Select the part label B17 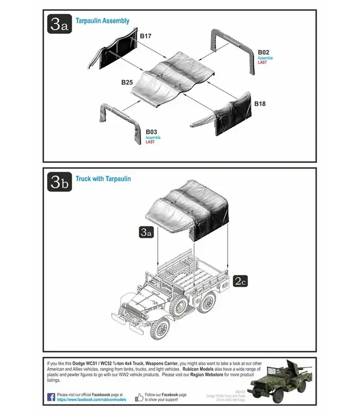tap(146, 36)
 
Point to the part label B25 tap(127, 82)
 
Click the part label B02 tap(264, 53)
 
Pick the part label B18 tap(260, 103)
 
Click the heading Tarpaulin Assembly tap(102, 21)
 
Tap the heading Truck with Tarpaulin tap(103, 179)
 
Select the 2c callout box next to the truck tap(240, 281)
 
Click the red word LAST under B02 tap(263, 63)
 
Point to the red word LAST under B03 tap(150, 142)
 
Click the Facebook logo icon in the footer tap(51, 397)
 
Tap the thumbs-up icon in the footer tap(139, 397)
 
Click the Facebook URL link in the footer tap(91, 400)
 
